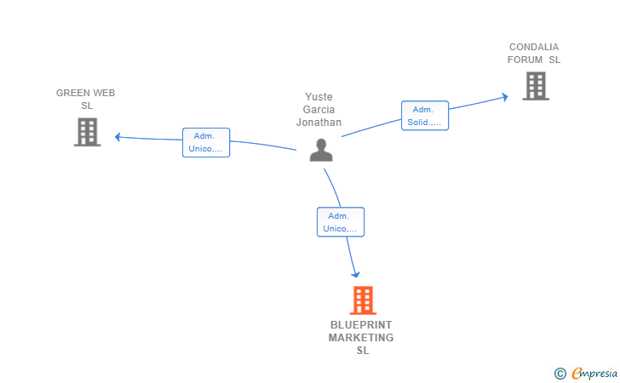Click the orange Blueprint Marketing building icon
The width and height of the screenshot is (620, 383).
pyautogui.click(x=363, y=300)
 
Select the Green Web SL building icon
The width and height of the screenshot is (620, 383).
pyautogui.click(x=87, y=132)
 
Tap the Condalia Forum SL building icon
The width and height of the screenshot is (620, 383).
pyautogui.click(x=535, y=86)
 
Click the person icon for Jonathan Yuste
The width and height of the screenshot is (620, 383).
pyautogui.click(x=321, y=150)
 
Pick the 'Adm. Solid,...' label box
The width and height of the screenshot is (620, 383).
pyautogui.click(x=424, y=116)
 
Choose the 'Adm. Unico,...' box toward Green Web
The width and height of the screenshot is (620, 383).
pyautogui.click(x=206, y=142)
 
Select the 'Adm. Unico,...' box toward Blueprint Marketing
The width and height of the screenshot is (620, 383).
pyautogui.click(x=341, y=222)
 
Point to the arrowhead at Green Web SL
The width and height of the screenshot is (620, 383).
pyautogui.click(x=119, y=136)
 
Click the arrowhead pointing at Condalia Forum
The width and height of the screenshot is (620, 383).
pyautogui.click(x=504, y=97)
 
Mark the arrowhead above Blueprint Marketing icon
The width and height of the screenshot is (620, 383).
pyautogui.click(x=355, y=273)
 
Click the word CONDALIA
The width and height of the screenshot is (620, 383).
pyautogui.click(x=534, y=47)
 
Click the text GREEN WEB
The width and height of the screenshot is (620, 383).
pyautogui.click(x=86, y=93)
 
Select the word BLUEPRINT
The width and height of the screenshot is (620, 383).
pyautogui.click(x=361, y=324)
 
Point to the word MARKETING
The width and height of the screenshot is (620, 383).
pyautogui.click(x=361, y=338)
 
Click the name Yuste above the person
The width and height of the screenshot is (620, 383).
pyautogui.click(x=319, y=97)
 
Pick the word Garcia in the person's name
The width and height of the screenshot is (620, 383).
pyautogui.click(x=319, y=110)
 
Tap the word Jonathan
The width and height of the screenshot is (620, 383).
pyautogui.click(x=319, y=123)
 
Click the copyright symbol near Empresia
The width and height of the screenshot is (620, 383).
pyautogui.click(x=560, y=373)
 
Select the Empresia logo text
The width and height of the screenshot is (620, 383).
pyautogui.click(x=594, y=373)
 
